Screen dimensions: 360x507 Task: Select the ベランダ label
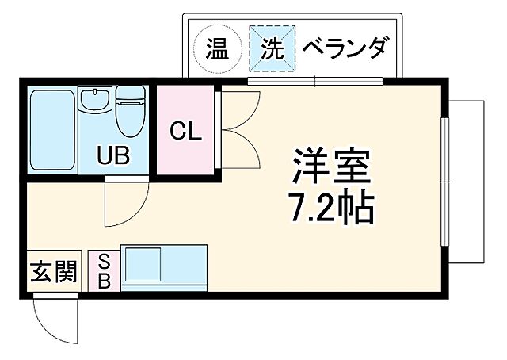pos(345,48)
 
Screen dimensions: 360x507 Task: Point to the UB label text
pos(114,155)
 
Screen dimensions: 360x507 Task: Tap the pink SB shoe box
pos(104,270)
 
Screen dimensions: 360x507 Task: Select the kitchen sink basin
pos(143,266)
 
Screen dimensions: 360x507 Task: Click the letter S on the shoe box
pos(104,261)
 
